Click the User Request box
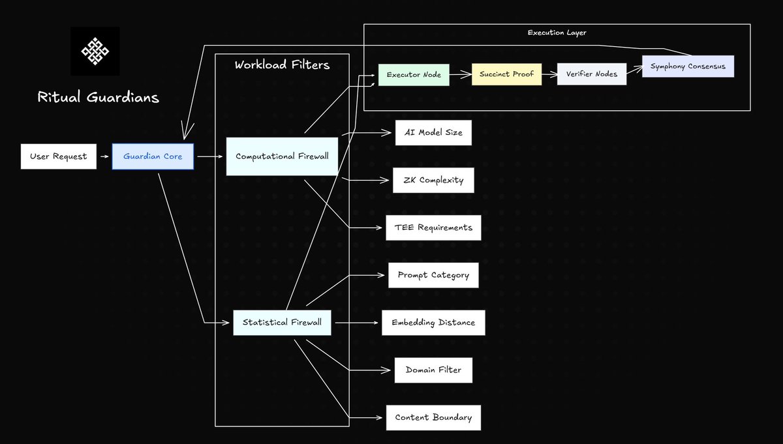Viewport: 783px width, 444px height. click(x=59, y=156)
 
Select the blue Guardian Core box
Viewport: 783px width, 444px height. click(x=153, y=156)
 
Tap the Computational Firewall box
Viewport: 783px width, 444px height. click(x=282, y=156)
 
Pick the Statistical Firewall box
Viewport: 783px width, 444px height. click(x=282, y=322)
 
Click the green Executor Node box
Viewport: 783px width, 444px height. click(x=414, y=74)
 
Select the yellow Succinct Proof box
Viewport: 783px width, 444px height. click(x=506, y=74)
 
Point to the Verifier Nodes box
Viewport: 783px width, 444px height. click(x=592, y=74)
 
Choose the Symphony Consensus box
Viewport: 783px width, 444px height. click(x=688, y=67)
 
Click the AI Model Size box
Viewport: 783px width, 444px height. click(x=433, y=132)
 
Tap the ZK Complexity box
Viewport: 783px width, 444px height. click(x=433, y=180)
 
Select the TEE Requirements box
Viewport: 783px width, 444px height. click(x=433, y=228)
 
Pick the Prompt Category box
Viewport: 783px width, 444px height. click(x=433, y=275)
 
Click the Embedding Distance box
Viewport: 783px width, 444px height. click(x=433, y=323)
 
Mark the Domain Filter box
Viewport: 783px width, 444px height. click(x=433, y=370)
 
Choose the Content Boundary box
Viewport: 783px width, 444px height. click(x=433, y=417)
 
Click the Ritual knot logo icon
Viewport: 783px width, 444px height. click(x=95, y=51)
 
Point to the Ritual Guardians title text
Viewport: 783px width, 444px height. click(x=98, y=98)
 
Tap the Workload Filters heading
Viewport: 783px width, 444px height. click(x=282, y=65)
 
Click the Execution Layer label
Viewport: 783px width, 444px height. click(x=557, y=33)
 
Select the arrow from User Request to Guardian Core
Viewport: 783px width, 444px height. click(x=104, y=156)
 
